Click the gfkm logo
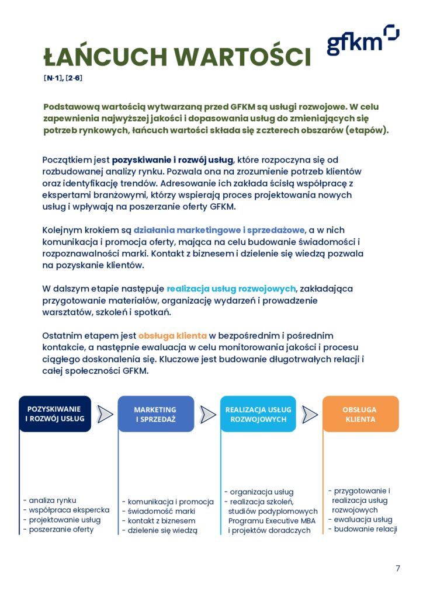coord(362,40)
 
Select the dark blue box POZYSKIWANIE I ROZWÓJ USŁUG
coord(55,413)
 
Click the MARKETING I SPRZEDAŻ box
coord(155,414)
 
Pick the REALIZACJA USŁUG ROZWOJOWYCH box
coord(258,414)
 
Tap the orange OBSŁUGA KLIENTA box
coord(360,414)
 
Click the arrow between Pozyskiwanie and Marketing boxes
coord(105,414)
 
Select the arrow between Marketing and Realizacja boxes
coord(207,414)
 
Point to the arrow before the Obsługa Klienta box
coord(310,414)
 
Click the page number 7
coord(398,568)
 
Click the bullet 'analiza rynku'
coord(53,500)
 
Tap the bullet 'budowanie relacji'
coord(365,530)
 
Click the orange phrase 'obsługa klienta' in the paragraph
coord(172,336)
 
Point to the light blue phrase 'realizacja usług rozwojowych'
coord(231,288)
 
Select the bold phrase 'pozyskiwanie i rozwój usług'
coord(173,159)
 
